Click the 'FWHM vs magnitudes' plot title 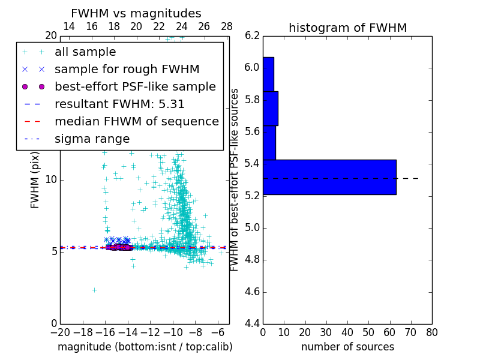pyautogui.click(x=136, y=13)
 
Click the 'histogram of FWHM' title pyautogui.click(x=347, y=28)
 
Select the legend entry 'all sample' pyautogui.click(x=85, y=52)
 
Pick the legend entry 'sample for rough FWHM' pyautogui.click(x=127, y=70)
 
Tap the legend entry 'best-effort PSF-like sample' pyautogui.click(x=135, y=87)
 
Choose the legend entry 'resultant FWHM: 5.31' pyautogui.click(x=119, y=104)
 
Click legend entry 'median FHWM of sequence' pyautogui.click(x=136, y=122)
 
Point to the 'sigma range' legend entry pyautogui.click(x=92, y=139)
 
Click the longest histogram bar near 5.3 pyautogui.click(x=329, y=177)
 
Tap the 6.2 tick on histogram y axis pyautogui.click(x=253, y=35)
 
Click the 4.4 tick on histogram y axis pyautogui.click(x=253, y=324)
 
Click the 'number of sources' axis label pyautogui.click(x=347, y=347)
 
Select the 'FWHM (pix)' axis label pyautogui.click(x=35, y=179)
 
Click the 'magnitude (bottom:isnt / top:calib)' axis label pyautogui.click(x=145, y=347)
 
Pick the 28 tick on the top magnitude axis pyautogui.click(x=227, y=26)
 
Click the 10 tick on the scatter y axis pyautogui.click(x=51, y=179)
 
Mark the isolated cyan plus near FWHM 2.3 pyautogui.click(x=94, y=290)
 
